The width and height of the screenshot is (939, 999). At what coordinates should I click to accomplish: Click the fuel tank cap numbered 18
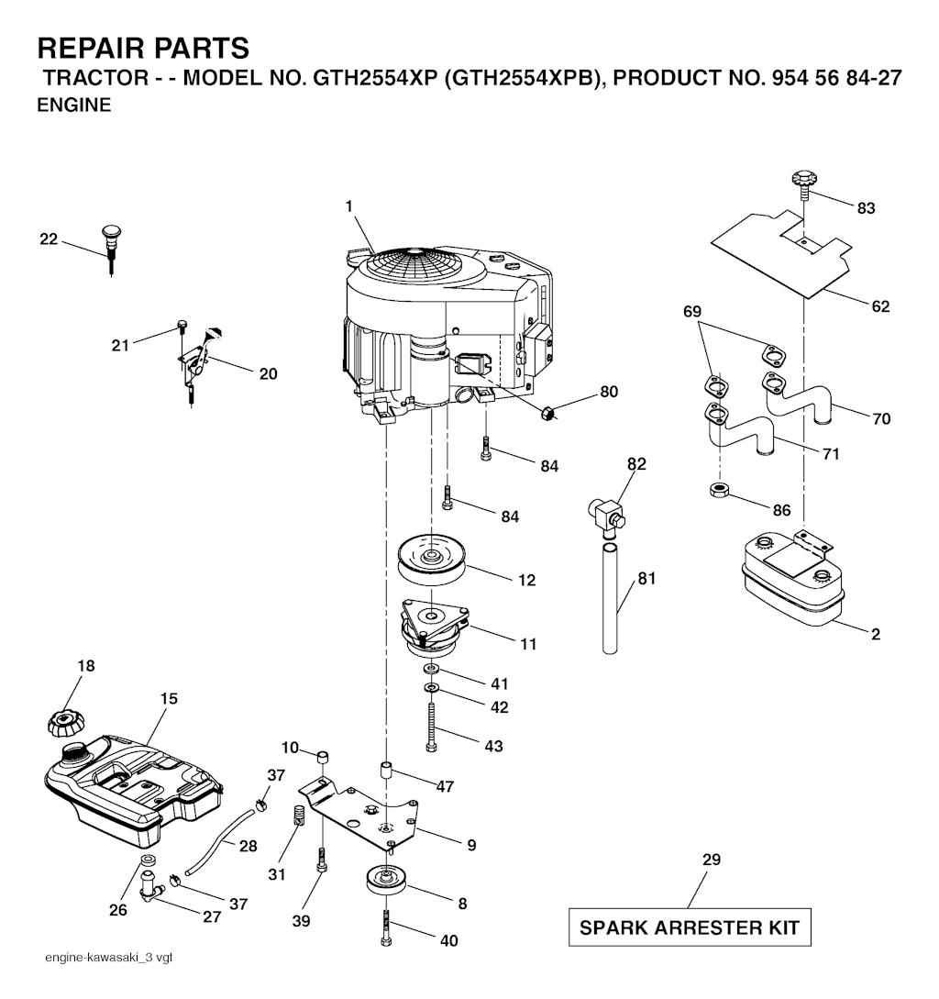(x=66, y=724)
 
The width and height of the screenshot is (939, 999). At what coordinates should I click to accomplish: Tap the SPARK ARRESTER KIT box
(x=690, y=927)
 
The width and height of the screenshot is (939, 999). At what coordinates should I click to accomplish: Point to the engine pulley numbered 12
(x=431, y=558)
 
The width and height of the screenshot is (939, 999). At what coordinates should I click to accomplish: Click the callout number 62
(x=879, y=306)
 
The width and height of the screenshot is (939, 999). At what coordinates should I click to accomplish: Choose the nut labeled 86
(x=719, y=491)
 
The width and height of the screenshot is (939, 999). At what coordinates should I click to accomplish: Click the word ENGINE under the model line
(x=74, y=105)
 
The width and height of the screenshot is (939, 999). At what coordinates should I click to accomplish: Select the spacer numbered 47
(x=385, y=769)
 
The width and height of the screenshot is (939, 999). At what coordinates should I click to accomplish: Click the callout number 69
(x=691, y=312)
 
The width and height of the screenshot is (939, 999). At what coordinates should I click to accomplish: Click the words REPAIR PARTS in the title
(x=143, y=49)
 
